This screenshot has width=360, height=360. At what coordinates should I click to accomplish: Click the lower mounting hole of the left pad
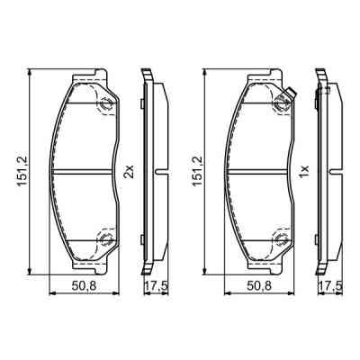tap(106, 239)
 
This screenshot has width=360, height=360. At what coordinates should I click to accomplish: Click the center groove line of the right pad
tap(258, 171)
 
